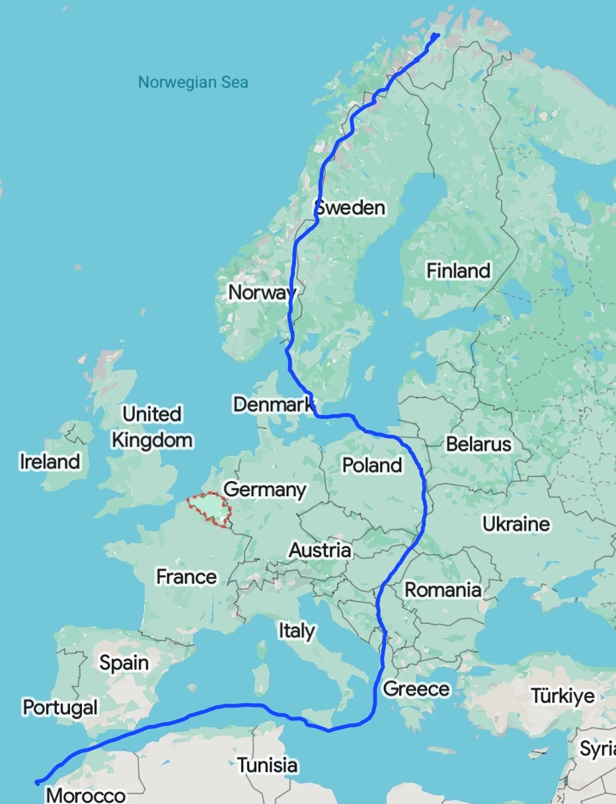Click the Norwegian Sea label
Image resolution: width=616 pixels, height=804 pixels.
193,83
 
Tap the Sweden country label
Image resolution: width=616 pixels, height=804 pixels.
350,208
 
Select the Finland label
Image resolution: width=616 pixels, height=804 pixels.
458,271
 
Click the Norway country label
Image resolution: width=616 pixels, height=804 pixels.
262,292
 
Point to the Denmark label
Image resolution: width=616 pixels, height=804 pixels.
272,404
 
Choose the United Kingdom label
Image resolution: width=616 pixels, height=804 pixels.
152,427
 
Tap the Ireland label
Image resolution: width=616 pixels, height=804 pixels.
50,461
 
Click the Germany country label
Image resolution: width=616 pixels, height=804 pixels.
265,490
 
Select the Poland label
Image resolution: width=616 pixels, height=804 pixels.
372,465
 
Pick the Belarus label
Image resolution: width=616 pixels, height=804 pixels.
479,444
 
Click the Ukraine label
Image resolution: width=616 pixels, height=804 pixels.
516,524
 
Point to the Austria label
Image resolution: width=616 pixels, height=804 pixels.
320,550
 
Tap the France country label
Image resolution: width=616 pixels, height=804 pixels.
186,577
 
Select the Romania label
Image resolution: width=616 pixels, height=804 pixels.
442,589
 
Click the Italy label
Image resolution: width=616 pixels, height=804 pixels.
296,631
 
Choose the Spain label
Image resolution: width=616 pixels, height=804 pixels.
124,662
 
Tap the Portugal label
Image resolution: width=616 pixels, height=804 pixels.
60,707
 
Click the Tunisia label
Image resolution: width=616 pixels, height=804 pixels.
267,766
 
